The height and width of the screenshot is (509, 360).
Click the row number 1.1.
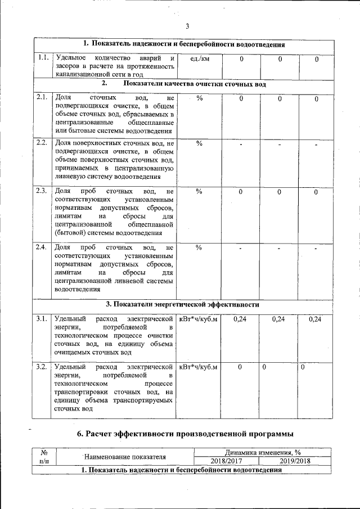41,58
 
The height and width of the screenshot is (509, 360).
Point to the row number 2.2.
41,142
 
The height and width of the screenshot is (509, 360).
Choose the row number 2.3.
41,191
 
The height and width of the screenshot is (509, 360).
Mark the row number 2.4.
41,247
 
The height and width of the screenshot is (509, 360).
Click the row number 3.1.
41,319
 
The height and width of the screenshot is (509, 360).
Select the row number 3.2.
41,367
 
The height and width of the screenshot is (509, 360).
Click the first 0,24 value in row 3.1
240,319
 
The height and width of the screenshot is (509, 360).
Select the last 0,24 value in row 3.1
315,319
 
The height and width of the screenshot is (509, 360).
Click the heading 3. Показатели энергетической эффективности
186,304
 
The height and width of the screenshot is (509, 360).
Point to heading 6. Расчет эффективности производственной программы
185,433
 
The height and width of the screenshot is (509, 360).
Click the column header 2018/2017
226,461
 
